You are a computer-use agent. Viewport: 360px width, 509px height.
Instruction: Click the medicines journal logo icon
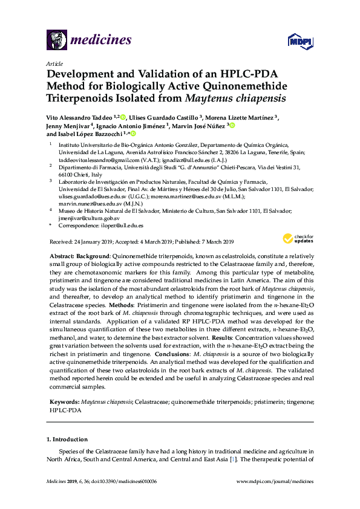pos(56,41)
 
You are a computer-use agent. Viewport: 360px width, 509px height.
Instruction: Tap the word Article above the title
pos(54,63)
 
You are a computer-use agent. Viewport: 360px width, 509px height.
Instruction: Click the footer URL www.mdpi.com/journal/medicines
pos(278,498)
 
